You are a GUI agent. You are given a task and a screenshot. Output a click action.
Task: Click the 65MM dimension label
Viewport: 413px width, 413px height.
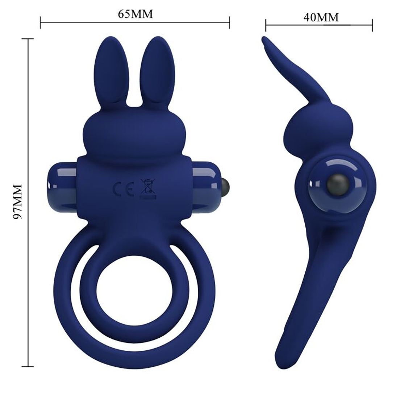coord(135,14)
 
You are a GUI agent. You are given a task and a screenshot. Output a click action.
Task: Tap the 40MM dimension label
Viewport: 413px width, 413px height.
coord(321,17)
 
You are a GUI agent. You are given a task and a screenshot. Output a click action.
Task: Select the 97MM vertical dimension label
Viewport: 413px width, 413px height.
coord(18,202)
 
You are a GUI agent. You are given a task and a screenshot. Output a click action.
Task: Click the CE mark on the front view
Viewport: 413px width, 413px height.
coord(123,188)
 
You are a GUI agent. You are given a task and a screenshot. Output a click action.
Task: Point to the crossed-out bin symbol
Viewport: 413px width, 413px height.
coord(148,188)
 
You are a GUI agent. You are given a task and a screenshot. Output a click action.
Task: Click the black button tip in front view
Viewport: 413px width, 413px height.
coord(225,186)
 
